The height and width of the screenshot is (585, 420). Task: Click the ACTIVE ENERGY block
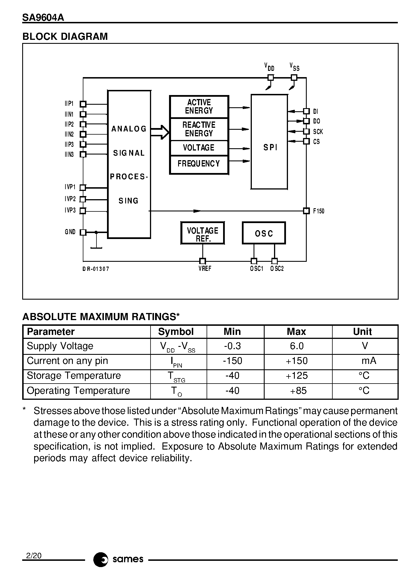(199, 107)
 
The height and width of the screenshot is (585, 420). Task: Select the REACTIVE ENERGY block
(199, 129)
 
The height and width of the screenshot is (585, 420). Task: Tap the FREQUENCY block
(199, 164)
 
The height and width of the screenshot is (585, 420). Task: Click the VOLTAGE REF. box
(203, 233)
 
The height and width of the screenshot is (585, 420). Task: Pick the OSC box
(264, 233)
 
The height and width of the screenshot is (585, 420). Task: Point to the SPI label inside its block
(270, 147)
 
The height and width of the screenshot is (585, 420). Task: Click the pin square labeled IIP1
(83, 104)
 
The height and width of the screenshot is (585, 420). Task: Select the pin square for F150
(306, 211)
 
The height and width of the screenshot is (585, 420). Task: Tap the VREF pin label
(205, 269)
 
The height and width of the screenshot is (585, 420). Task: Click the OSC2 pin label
(277, 269)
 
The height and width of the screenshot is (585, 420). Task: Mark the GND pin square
(83, 232)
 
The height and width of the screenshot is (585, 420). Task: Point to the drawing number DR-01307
(96, 269)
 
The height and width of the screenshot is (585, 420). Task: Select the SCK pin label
(318, 132)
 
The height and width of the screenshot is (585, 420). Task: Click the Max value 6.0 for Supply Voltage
(297, 346)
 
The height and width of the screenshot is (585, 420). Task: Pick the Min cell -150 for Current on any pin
(232, 361)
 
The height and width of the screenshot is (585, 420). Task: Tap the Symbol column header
(176, 332)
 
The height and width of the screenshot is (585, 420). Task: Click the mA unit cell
(369, 361)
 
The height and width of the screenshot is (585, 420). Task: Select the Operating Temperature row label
(78, 390)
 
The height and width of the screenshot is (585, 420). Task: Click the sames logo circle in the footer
(100, 560)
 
